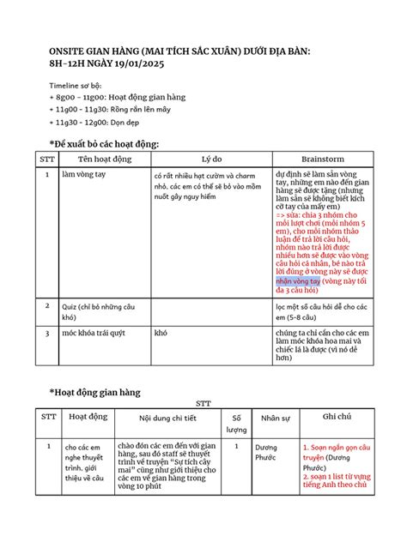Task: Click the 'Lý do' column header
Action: point(211,160)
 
